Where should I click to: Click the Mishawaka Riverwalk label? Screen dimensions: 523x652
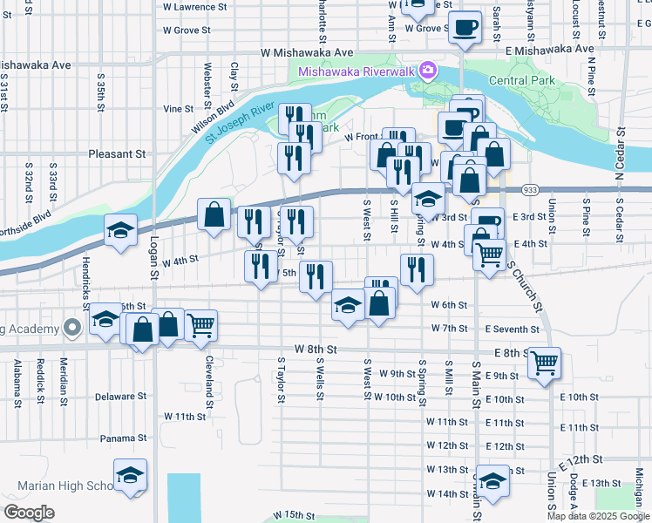tap(357, 71)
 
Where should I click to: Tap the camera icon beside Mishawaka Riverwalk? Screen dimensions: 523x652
tap(428, 70)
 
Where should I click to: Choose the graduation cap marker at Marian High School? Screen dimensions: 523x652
tap(131, 475)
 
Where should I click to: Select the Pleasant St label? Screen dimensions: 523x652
tap(117, 154)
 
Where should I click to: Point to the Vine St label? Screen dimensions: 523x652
tap(178, 109)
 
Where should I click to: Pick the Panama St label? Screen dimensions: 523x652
tap(122, 438)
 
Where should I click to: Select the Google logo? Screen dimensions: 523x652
tap(30, 513)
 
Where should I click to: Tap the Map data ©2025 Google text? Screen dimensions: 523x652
tap(597, 516)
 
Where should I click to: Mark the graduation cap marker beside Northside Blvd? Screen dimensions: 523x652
tap(120, 230)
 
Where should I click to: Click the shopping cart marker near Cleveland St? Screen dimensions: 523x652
tap(200, 325)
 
